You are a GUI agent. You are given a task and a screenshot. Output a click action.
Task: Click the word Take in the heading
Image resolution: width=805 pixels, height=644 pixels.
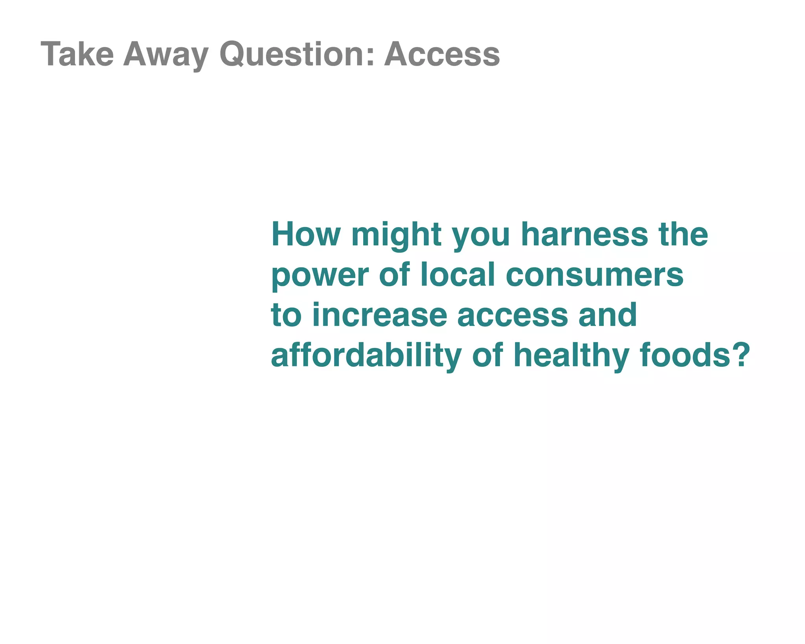pos(77,54)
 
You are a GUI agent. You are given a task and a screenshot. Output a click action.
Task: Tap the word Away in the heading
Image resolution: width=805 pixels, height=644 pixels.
pos(165,55)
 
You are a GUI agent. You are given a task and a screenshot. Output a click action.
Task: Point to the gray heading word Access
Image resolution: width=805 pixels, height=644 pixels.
pos(442,54)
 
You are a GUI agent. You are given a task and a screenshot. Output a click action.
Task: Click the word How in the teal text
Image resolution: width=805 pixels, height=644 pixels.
pos(306,234)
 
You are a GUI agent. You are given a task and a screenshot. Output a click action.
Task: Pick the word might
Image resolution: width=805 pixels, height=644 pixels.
pos(396,235)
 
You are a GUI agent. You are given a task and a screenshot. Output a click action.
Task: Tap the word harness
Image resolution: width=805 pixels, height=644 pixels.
pos(584,234)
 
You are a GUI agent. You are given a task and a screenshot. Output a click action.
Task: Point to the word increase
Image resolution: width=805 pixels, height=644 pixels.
pos(380,315)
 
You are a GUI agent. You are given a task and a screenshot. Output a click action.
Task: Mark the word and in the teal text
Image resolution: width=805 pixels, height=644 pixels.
pos(607,315)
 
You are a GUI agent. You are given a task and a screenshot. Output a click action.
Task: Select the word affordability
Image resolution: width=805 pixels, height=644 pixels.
pos(366,355)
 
